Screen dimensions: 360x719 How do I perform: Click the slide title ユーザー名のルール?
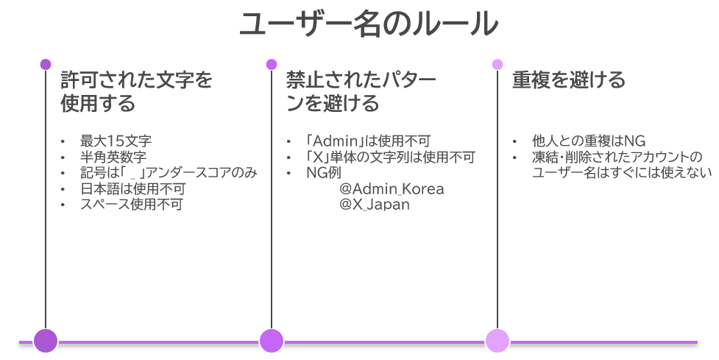tap(369, 25)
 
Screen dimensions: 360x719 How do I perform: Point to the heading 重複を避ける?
tap(569, 80)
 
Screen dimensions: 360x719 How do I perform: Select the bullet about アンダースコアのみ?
tap(169, 173)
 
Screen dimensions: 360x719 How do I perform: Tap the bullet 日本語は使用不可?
tap(132, 189)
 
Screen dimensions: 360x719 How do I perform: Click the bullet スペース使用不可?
tap(132, 205)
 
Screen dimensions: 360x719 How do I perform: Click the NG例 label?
tap(325, 173)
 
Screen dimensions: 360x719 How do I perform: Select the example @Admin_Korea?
tap(392, 189)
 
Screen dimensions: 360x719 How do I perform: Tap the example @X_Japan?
tap(375, 205)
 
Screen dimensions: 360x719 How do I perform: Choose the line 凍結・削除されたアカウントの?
tap(617, 158)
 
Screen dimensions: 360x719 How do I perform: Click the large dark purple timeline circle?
tap(46, 341)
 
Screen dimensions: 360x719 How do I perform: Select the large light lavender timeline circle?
tap(497, 341)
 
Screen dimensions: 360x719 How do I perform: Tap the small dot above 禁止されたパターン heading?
tap(272, 64)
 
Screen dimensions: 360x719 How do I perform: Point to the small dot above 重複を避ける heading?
tap(497, 64)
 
